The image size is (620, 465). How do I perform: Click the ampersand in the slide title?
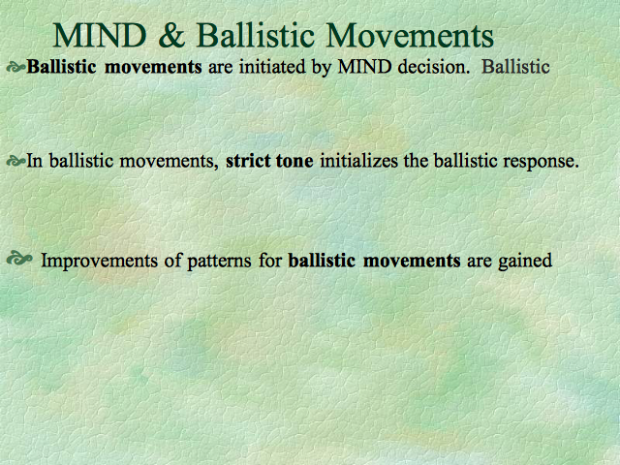pyautogui.click(x=171, y=36)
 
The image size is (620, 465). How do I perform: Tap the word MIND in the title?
pyautogui.click(x=100, y=36)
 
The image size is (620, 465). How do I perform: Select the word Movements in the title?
pyautogui.click(x=411, y=36)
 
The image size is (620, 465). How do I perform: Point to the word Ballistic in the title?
pyautogui.click(x=255, y=35)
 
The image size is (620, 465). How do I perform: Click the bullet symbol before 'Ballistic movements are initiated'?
pyautogui.click(x=16, y=68)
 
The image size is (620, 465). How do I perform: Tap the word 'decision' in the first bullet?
pyautogui.click(x=432, y=67)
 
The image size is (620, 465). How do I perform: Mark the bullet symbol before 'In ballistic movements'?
pyautogui.click(x=16, y=162)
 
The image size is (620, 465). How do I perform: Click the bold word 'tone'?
pyautogui.click(x=294, y=162)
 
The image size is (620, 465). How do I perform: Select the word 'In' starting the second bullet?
pyautogui.click(x=35, y=161)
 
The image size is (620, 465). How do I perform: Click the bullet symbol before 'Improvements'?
pyautogui.click(x=19, y=259)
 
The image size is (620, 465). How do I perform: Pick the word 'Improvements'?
pyautogui.click(x=99, y=262)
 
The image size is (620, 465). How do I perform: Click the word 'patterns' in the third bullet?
pyautogui.click(x=219, y=262)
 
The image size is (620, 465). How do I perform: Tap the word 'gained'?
pyautogui.click(x=525, y=262)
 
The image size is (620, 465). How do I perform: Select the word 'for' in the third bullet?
pyautogui.click(x=270, y=261)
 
